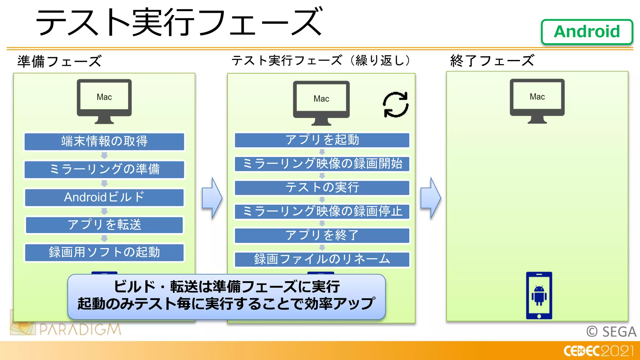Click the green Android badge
(587, 32)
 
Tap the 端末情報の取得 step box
(104, 142)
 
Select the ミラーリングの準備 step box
(104, 169)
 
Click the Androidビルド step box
(104, 197)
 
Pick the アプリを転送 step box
(104, 225)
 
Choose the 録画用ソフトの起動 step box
(104, 252)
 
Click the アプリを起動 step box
(322, 140)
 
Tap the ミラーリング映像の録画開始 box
(322, 164)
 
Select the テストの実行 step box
(322, 187)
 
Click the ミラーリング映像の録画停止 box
(322, 212)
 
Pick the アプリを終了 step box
(322, 235)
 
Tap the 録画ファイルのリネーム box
(322, 259)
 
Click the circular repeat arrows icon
(396, 105)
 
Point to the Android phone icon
(539, 295)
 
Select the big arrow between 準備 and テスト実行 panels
(212, 198)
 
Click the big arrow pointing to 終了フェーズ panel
(430, 198)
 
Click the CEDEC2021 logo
(598, 351)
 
